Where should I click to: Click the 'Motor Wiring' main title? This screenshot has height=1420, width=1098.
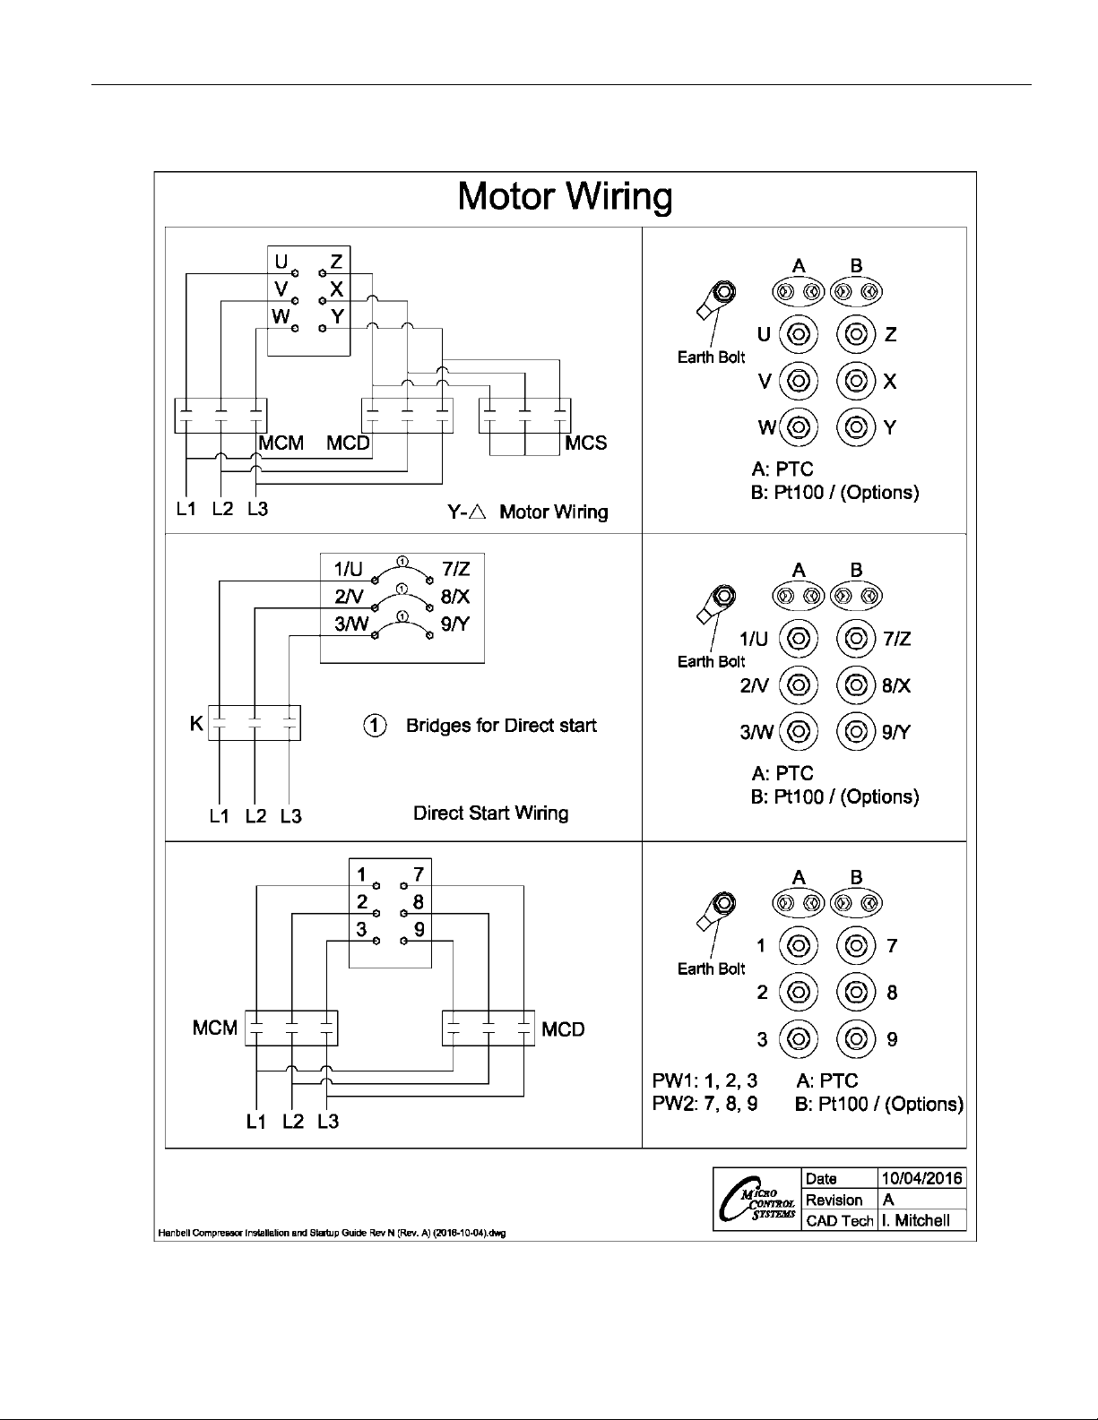click(x=565, y=196)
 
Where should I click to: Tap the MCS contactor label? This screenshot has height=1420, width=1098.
click(x=586, y=443)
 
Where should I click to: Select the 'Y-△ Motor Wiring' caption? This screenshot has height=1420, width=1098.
click(x=528, y=512)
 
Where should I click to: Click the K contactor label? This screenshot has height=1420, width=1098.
click(x=196, y=723)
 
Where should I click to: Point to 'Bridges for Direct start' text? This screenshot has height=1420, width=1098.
click(x=501, y=725)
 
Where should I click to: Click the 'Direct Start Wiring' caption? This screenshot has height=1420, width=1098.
click(x=490, y=813)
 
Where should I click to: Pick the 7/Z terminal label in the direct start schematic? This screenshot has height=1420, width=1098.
click(x=455, y=569)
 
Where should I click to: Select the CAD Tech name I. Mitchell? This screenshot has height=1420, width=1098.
click(x=915, y=1220)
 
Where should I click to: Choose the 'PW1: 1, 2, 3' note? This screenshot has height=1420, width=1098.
click(x=705, y=1081)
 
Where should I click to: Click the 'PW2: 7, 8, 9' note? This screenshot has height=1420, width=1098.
click(x=705, y=1104)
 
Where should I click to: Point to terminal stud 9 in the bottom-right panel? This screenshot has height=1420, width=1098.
click(x=856, y=1039)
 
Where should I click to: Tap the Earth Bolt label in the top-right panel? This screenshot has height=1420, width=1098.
click(x=711, y=357)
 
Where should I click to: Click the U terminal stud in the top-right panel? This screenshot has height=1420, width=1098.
click(x=799, y=335)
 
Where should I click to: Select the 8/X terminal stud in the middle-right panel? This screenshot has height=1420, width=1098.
click(x=856, y=686)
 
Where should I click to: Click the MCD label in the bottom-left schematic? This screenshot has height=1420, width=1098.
click(x=563, y=1029)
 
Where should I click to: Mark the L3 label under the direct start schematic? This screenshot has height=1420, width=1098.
click(x=290, y=816)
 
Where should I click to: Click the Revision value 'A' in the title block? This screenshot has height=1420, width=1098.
click(x=888, y=1200)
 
